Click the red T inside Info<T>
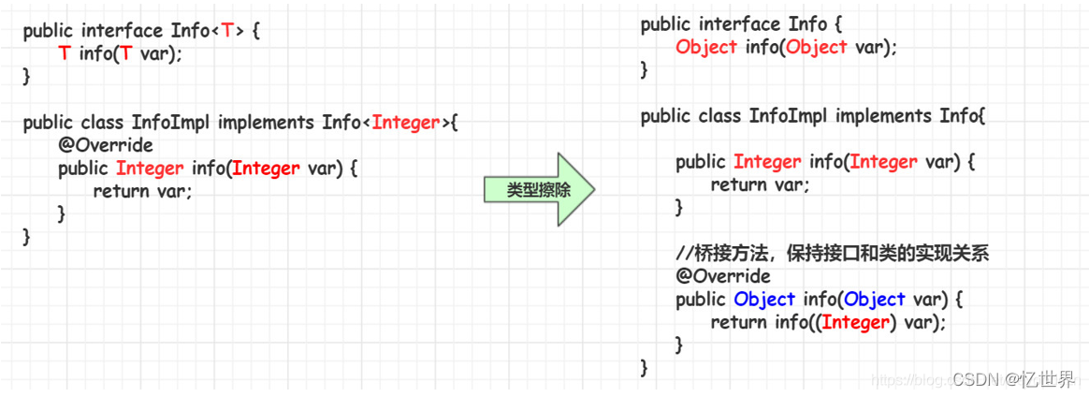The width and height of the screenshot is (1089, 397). pos(227,31)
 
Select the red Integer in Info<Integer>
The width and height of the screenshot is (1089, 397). pos(406,122)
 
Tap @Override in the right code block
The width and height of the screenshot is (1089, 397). pos(723,276)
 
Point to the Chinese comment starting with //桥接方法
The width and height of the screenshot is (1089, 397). pos(833,254)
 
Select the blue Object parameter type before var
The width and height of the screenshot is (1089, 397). pos(874,300)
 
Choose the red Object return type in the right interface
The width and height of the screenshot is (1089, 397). pos(706,47)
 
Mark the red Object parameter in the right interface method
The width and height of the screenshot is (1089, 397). pos(817,47)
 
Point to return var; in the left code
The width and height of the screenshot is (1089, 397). pos(142,191)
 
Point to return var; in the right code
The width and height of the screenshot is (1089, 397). pos(760,184)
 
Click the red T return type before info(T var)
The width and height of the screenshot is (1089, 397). pos(64,53)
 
